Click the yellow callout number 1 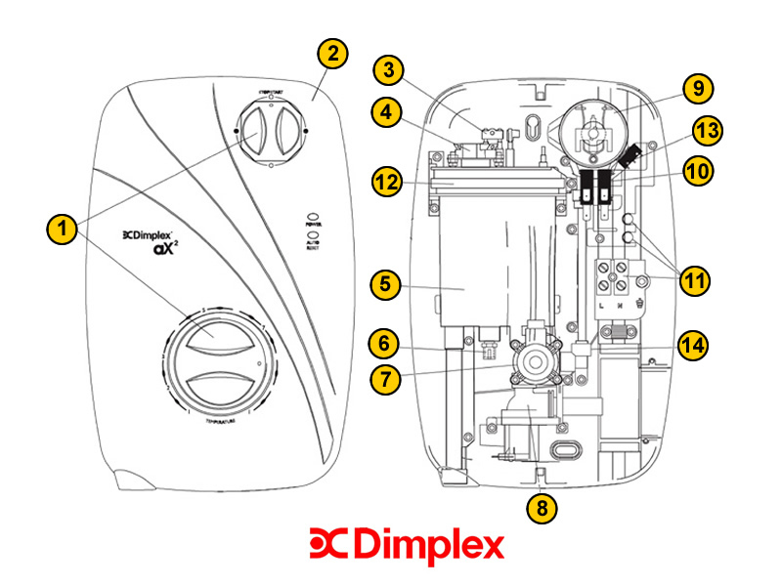62,230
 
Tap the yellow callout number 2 333,55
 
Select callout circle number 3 390,69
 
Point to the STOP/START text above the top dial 271,92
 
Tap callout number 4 390,113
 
